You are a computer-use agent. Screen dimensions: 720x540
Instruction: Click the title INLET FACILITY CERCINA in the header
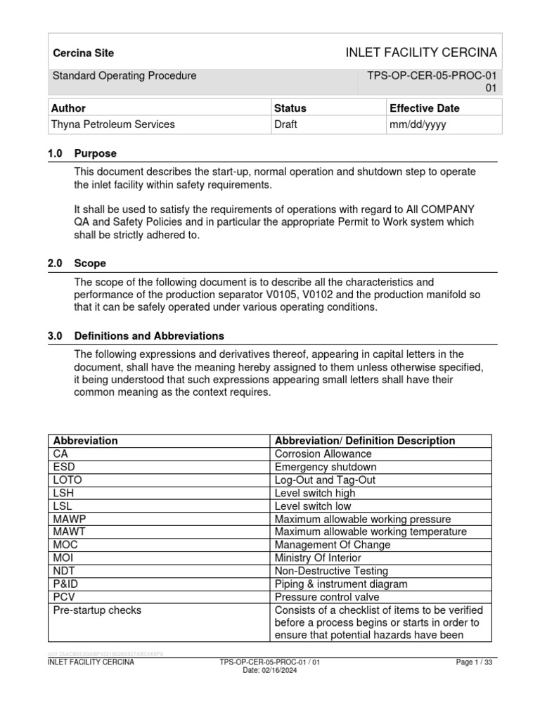(x=420, y=53)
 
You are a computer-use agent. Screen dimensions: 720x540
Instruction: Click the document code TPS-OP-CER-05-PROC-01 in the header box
(x=432, y=76)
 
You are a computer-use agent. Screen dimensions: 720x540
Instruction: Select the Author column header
(x=68, y=108)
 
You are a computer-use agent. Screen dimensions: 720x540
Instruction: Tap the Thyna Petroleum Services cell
(x=112, y=124)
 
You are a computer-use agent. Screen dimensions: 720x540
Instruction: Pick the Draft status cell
(x=285, y=124)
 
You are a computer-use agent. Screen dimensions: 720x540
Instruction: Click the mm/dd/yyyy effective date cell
(x=418, y=124)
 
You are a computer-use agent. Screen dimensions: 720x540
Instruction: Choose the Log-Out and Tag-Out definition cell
(x=325, y=480)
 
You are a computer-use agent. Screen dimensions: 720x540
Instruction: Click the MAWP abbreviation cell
(x=67, y=519)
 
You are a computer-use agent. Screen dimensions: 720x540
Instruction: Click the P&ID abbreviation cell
(x=65, y=584)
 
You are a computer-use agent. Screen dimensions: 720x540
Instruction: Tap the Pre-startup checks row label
(x=97, y=610)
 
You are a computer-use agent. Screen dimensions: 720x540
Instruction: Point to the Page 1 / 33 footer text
(x=475, y=662)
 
